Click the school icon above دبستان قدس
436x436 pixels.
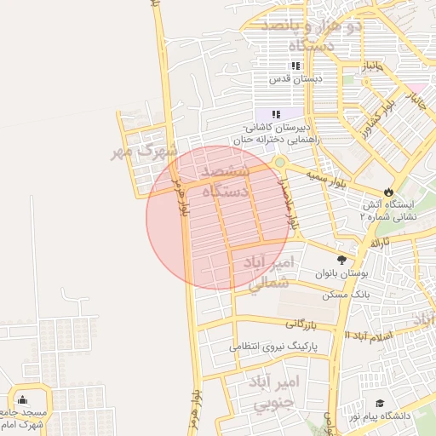(295, 66)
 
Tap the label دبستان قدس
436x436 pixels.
(293, 78)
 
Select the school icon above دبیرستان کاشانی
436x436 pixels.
(275, 113)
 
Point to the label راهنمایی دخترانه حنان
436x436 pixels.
(271, 138)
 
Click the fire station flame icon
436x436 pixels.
(390, 191)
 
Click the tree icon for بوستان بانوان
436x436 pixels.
(342, 260)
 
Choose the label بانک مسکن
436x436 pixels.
(344, 294)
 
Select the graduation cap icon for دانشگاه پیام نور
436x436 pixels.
(380, 403)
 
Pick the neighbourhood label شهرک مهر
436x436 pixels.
(143, 151)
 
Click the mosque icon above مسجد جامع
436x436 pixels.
(22, 399)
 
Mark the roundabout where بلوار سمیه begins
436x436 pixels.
(279, 162)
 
